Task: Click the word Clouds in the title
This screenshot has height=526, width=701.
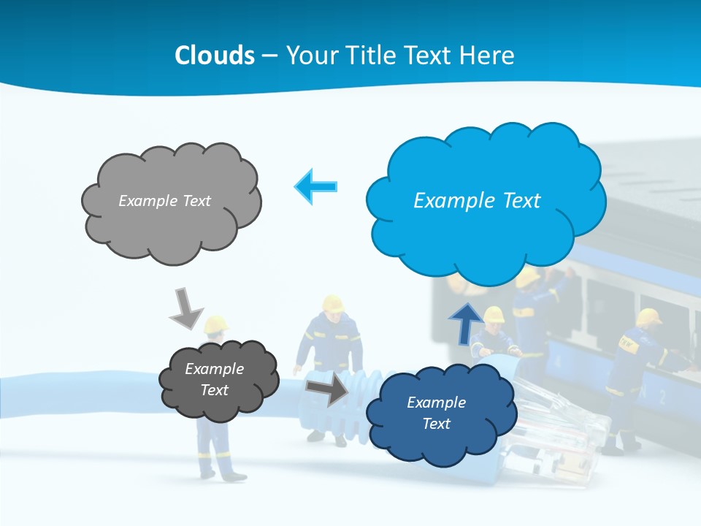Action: [215, 56]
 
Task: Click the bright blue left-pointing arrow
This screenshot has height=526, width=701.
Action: [316, 187]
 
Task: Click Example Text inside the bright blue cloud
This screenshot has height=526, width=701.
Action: [477, 201]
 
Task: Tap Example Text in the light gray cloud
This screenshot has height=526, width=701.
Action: [164, 201]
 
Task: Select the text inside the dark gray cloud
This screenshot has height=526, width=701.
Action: [214, 380]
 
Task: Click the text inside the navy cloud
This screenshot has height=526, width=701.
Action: [436, 413]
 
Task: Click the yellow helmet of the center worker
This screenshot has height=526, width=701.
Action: [333, 304]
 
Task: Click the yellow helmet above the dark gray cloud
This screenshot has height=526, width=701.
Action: [215, 324]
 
